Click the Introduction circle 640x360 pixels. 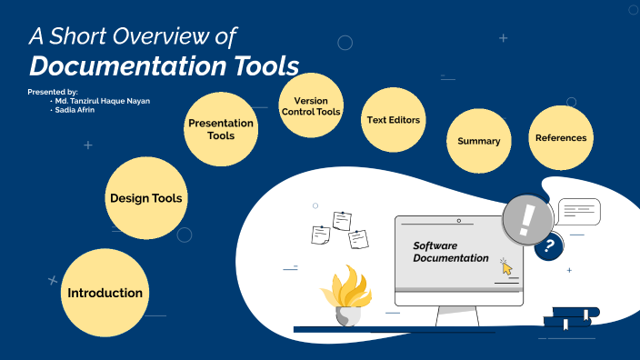(105, 293)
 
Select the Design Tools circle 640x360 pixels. (145, 198)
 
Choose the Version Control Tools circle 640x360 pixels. (311, 106)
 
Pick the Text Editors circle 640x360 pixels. (394, 120)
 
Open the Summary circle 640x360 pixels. (478, 141)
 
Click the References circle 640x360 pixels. (561, 138)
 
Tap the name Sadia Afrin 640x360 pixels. (76, 109)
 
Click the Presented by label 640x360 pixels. (53, 92)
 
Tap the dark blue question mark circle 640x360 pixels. (548, 245)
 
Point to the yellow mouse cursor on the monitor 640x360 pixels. (506, 265)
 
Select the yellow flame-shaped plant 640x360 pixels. (346, 289)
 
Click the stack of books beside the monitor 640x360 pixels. (570, 316)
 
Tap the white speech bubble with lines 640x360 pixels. (579, 212)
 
